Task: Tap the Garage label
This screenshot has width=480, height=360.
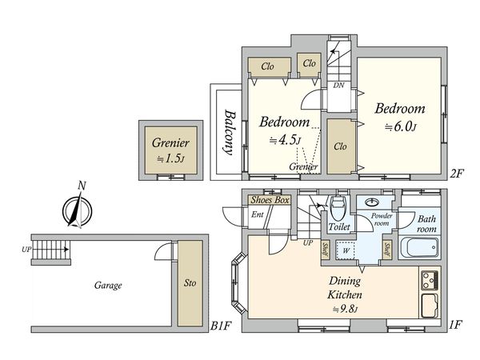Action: tap(108, 286)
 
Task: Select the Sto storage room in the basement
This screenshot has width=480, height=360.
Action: tap(190, 283)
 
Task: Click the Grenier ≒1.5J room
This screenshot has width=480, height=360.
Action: tap(170, 150)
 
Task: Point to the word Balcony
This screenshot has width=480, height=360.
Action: tap(230, 132)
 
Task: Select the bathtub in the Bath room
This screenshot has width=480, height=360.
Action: tap(419, 247)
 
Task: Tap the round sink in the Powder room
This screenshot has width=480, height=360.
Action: tap(372, 202)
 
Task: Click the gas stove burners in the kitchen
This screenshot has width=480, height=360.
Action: tap(430, 280)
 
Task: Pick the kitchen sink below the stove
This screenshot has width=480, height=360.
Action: tap(430, 306)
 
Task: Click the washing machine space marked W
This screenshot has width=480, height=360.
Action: tap(346, 250)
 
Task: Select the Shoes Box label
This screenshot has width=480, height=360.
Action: tap(270, 200)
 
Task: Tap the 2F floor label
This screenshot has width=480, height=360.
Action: tap(457, 174)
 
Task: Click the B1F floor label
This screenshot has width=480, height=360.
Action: tap(221, 326)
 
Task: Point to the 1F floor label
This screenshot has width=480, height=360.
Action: tap(455, 324)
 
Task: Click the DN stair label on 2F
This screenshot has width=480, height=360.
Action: tap(338, 85)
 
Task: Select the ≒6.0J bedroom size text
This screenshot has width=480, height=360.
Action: tap(401, 126)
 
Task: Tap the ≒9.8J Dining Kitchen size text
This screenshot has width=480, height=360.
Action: tap(346, 309)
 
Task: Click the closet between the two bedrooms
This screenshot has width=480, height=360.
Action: tap(341, 146)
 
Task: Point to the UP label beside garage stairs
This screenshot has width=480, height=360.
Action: tap(26, 250)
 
